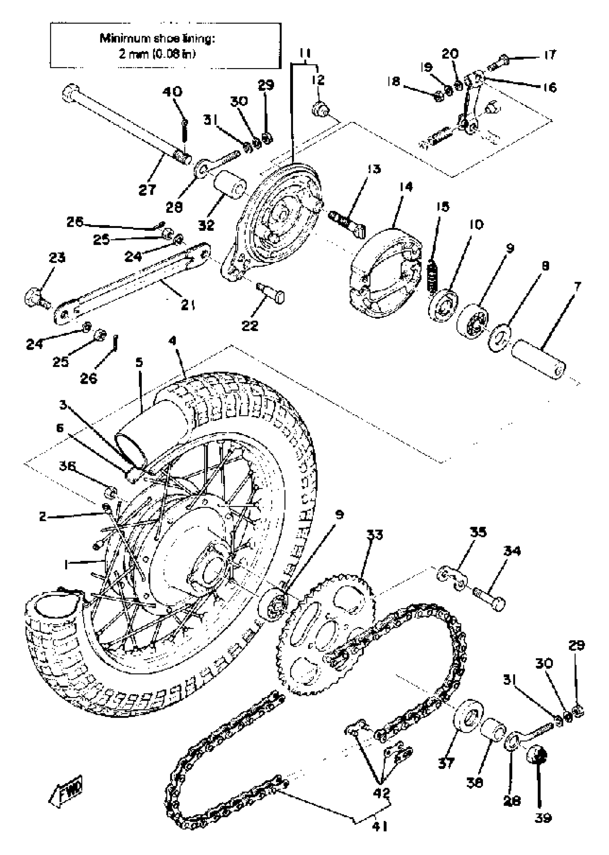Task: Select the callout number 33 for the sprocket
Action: coord(375,535)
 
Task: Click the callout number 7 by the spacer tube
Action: coord(577,288)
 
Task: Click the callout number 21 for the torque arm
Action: coord(188,306)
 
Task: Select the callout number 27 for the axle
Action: coord(147,190)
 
